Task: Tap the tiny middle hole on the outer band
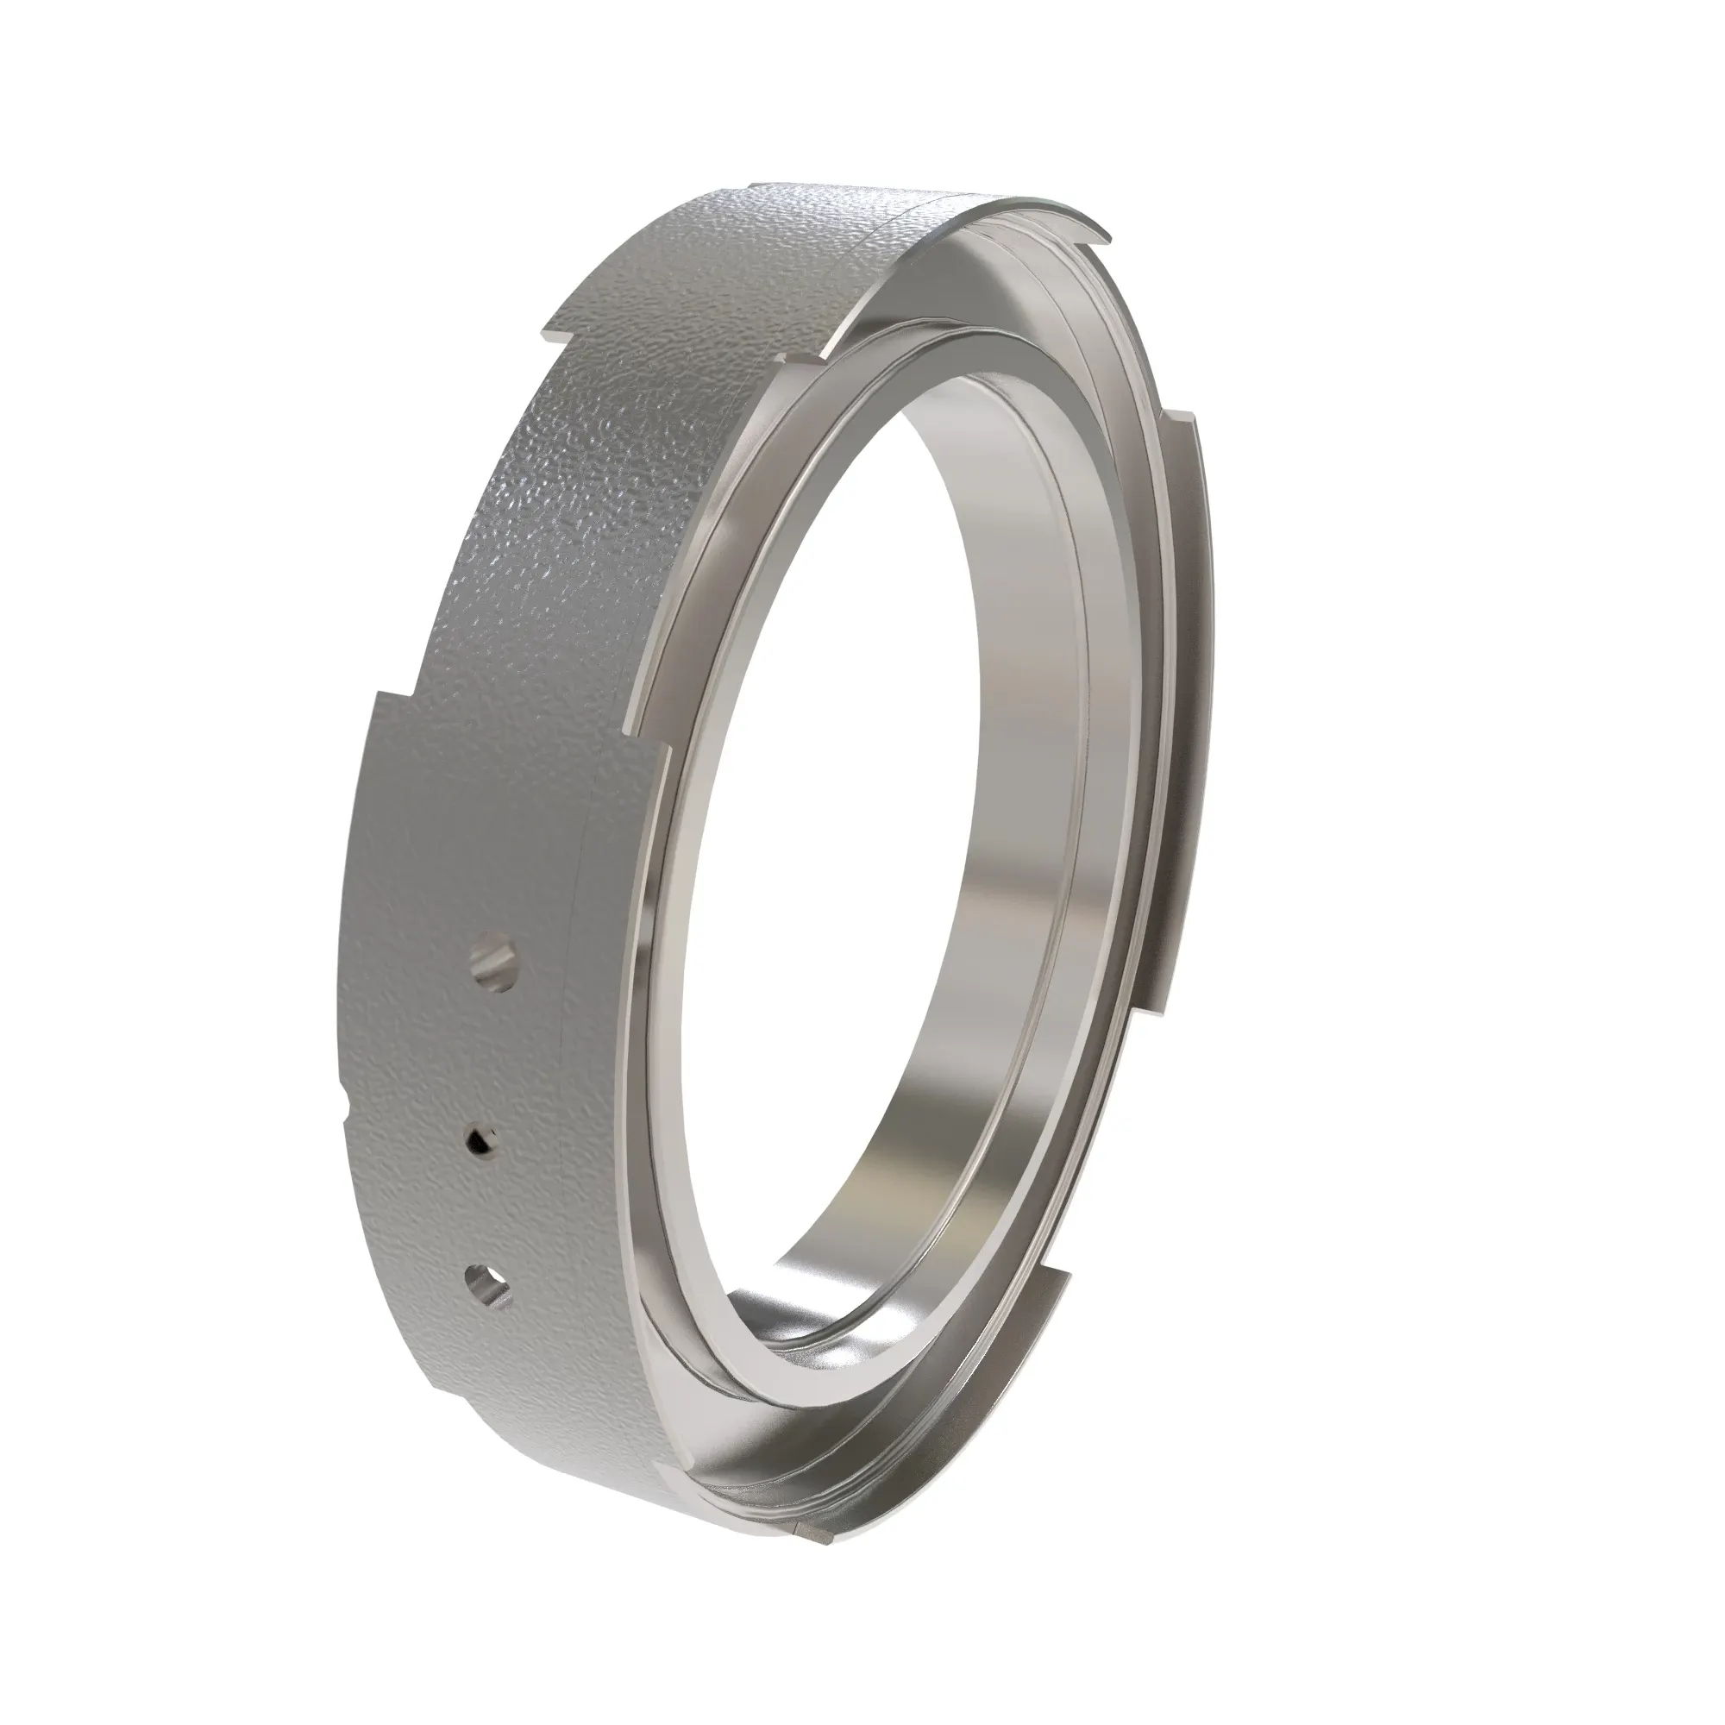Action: pyautogui.click(x=482, y=1139)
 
